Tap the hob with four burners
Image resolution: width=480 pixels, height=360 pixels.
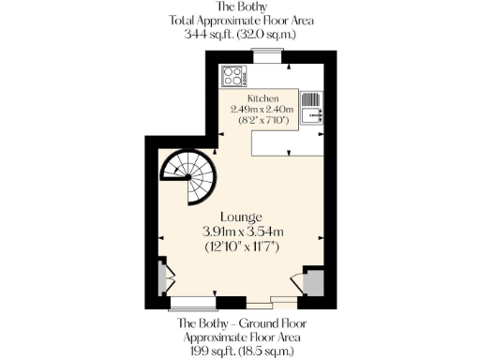(x=232, y=77)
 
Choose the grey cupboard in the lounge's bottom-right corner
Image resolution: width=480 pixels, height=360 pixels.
(x=313, y=280)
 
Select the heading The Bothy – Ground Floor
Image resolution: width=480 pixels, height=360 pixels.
(x=239, y=323)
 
